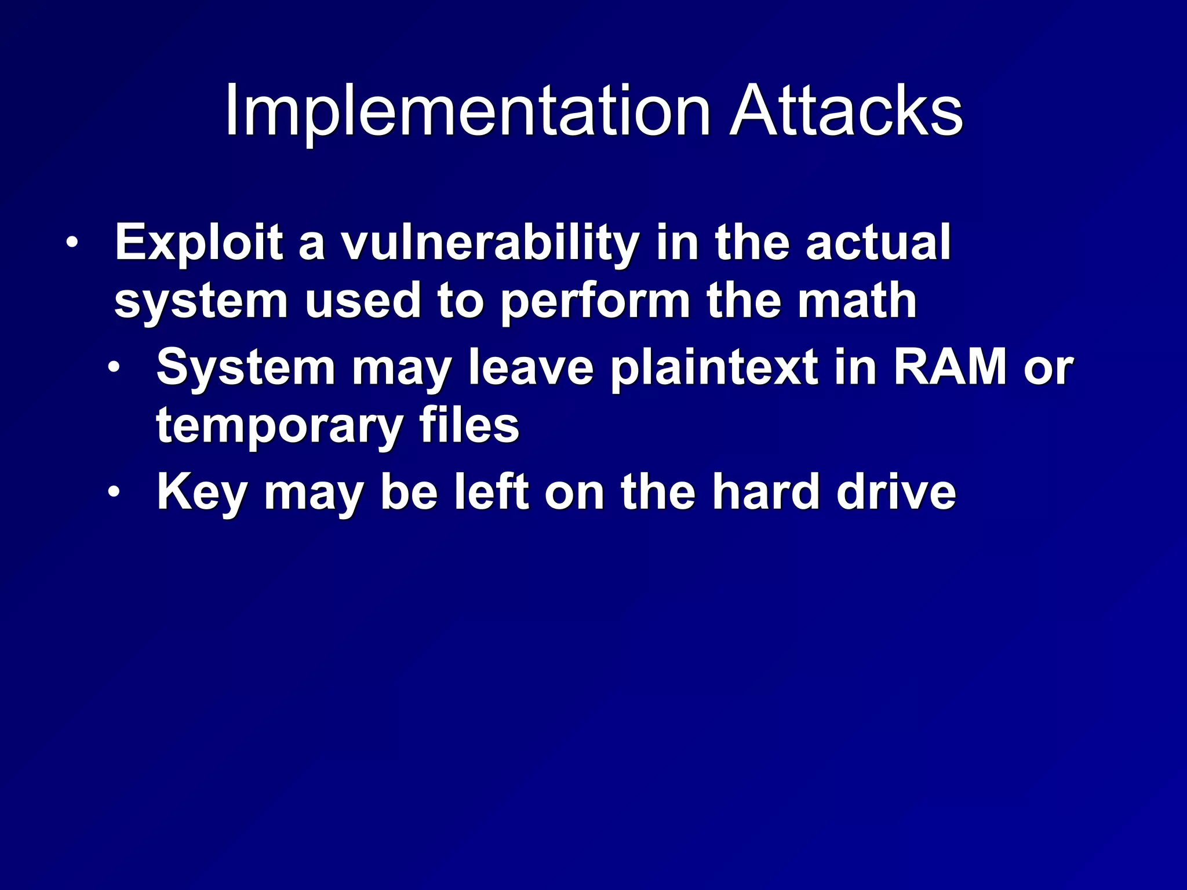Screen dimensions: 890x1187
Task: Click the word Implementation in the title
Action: point(467,111)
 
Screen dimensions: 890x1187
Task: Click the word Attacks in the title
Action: point(846,111)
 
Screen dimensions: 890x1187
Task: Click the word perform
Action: point(595,302)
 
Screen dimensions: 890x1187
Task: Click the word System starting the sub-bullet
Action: point(246,367)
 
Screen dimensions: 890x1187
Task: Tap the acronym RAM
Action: point(950,367)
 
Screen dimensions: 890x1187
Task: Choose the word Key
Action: point(202,493)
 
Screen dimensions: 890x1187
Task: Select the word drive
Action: point(896,492)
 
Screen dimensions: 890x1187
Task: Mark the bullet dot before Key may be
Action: point(114,492)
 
